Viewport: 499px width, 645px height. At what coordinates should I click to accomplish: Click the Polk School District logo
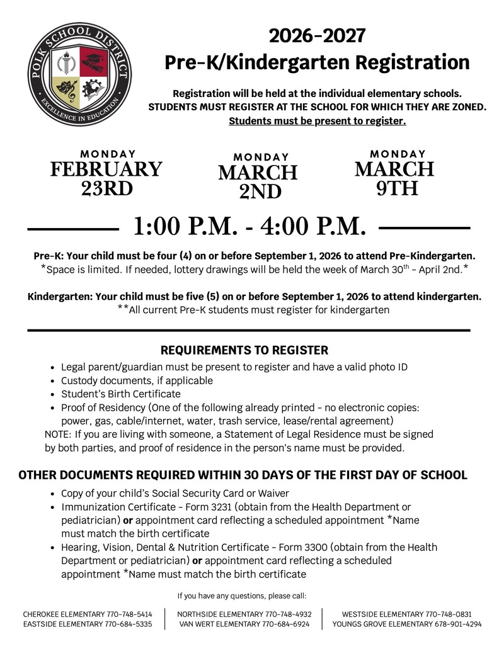(x=79, y=74)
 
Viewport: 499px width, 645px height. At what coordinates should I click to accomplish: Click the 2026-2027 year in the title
(x=317, y=35)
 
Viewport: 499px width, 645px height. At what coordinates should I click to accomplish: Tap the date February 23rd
(x=106, y=178)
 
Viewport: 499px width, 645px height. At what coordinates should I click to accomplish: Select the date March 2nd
(x=258, y=181)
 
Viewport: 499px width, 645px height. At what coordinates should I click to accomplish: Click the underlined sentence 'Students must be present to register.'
(x=317, y=120)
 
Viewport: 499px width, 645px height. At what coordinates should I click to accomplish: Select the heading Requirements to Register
(x=244, y=350)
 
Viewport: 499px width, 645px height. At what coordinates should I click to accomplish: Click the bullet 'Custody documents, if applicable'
(x=137, y=380)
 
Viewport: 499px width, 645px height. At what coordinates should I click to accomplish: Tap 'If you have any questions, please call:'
(x=242, y=595)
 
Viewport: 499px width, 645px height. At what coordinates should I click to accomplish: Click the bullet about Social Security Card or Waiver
(x=175, y=493)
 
